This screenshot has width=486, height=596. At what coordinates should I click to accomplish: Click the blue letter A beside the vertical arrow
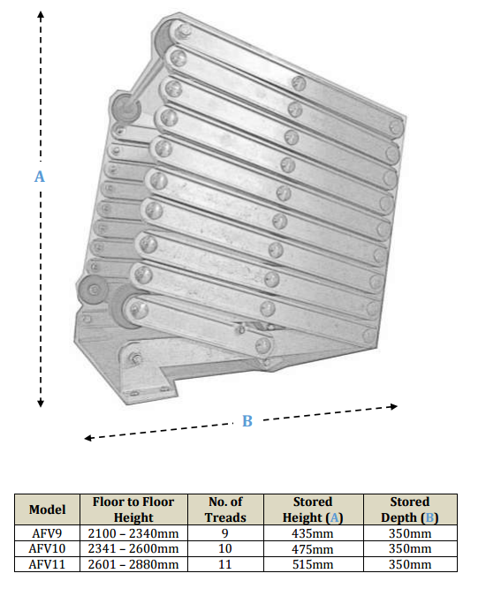click(x=39, y=177)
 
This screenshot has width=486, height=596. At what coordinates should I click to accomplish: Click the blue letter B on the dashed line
click(x=247, y=421)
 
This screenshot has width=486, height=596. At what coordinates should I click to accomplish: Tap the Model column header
click(x=48, y=509)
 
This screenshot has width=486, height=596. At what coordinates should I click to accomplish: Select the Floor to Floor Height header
click(x=133, y=509)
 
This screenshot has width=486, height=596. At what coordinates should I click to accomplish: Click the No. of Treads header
click(x=225, y=509)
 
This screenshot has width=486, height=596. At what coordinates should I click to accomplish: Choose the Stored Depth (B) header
click(x=409, y=509)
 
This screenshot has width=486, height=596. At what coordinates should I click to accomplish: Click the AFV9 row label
click(x=48, y=533)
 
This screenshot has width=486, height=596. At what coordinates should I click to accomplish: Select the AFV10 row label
click(x=48, y=548)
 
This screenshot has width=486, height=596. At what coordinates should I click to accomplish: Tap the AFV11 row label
click(x=48, y=564)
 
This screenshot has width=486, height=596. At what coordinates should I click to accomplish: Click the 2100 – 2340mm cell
click(x=133, y=533)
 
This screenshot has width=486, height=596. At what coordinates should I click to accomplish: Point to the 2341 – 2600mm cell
click(x=133, y=548)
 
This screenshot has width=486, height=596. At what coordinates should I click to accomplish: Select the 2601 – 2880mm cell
click(x=133, y=564)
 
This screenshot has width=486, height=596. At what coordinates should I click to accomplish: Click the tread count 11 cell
click(x=225, y=564)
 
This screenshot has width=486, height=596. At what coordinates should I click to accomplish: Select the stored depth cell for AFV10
click(x=409, y=548)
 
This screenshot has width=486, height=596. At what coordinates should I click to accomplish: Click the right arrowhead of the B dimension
click(x=393, y=407)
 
